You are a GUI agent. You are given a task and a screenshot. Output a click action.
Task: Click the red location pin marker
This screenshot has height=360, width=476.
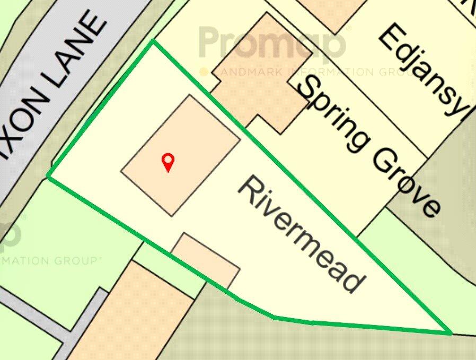click(x=168, y=161)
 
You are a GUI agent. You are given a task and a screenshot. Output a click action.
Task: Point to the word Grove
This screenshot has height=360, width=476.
click(x=406, y=181)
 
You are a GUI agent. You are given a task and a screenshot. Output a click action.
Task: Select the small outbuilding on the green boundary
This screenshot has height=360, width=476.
click(x=207, y=260)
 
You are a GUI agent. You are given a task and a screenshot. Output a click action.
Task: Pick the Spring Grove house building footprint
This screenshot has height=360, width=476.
click(x=260, y=74)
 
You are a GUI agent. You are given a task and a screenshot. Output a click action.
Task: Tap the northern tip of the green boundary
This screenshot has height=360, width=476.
click(x=153, y=41)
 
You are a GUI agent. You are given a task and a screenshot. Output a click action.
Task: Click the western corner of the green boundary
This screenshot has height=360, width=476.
click(x=48, y=177)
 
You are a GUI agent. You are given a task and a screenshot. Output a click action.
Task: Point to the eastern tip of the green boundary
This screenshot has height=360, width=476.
click(x=450, y=333)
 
